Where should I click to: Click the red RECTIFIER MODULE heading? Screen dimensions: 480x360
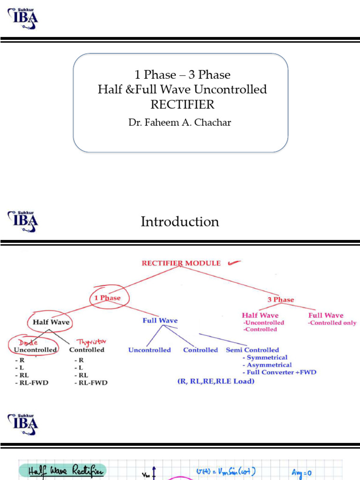[x=181, y=263]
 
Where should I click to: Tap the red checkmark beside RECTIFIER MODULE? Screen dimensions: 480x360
[x=234, y=263]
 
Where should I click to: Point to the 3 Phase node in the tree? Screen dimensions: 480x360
[x=281, y=300]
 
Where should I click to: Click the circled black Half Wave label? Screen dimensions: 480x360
[x=51, y=322]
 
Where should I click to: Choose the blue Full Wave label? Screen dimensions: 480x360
[x=160, y=321]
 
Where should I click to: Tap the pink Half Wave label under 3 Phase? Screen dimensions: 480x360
[x=260, y=315]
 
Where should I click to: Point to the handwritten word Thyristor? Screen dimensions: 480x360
[x=89, y=342]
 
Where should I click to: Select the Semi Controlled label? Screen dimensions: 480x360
[x=252, y=350]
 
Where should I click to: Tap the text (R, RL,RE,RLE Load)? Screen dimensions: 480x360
[x=216, y=381]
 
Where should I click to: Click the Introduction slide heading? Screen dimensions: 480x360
[x=180, y=222]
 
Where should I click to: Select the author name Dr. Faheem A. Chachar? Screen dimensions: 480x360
[x=180, y=122]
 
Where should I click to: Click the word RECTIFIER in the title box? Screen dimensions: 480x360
[x=182, y=105]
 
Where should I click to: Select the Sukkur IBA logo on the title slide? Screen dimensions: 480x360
[x=22, y=18]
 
